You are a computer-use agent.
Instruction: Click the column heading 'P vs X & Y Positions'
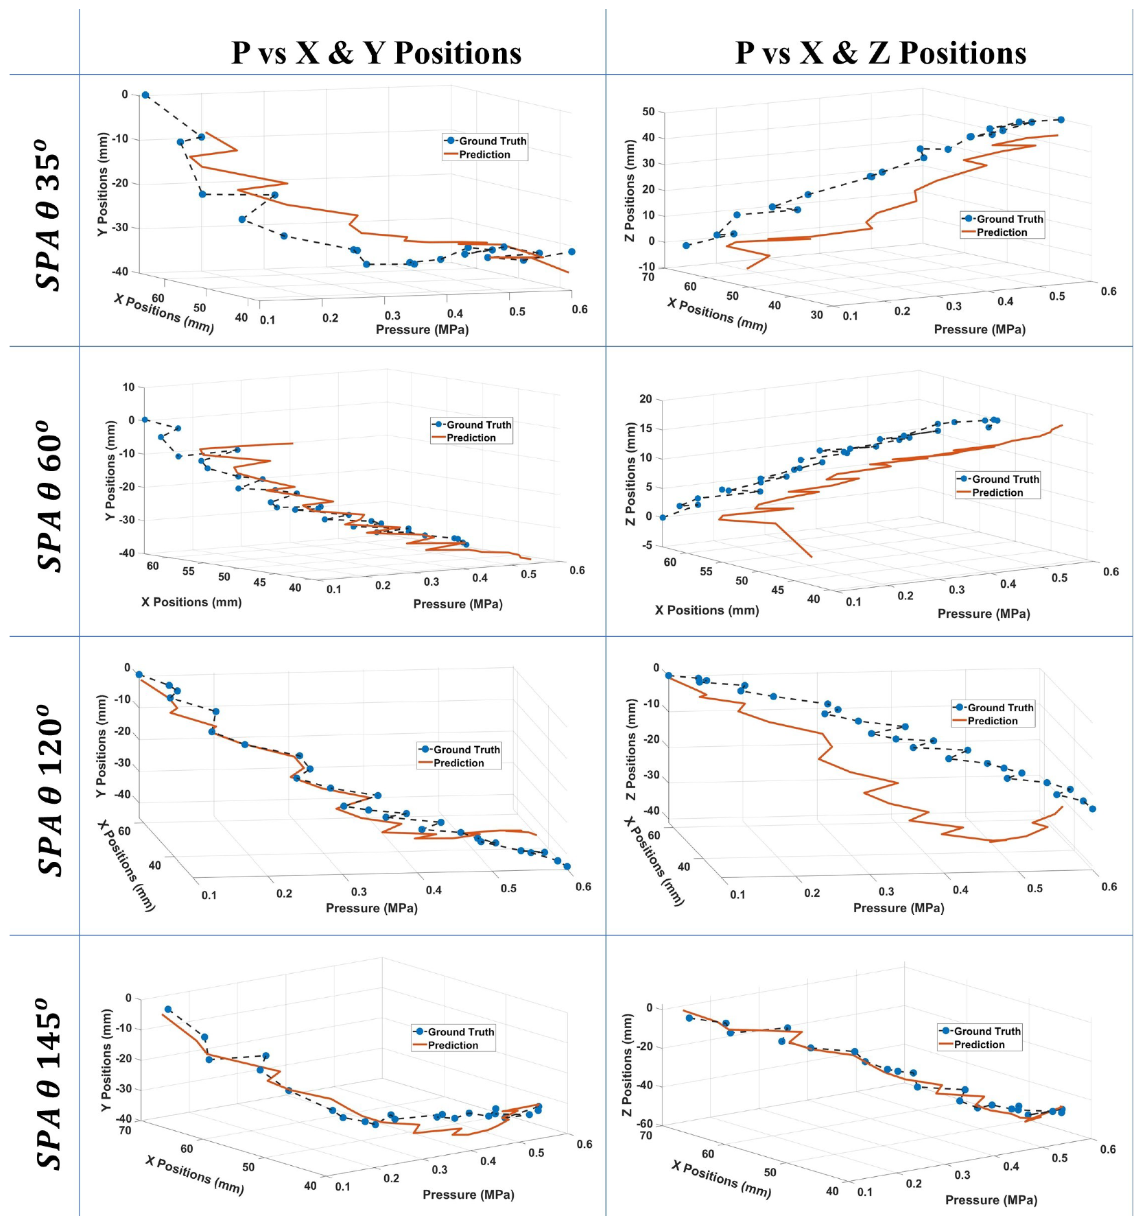376,53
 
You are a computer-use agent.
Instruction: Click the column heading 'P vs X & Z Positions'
880,53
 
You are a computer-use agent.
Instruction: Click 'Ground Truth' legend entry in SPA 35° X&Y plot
492,141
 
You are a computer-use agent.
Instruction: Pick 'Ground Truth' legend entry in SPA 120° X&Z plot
1000,708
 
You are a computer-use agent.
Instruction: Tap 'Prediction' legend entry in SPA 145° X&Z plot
979,1044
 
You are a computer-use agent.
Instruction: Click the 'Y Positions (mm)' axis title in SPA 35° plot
102,184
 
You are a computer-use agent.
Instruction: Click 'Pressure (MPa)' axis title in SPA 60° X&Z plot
983,614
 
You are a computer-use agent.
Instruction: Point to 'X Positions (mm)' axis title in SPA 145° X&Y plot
194,1175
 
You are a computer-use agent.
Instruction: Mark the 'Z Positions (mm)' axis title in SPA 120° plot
631,750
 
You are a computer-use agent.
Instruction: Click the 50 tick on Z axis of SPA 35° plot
648,112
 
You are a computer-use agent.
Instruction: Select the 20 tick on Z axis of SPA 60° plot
646,399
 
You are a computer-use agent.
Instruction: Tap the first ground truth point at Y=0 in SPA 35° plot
145,95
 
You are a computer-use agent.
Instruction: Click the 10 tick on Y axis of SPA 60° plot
129,387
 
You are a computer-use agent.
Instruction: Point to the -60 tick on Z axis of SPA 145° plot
645,1124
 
